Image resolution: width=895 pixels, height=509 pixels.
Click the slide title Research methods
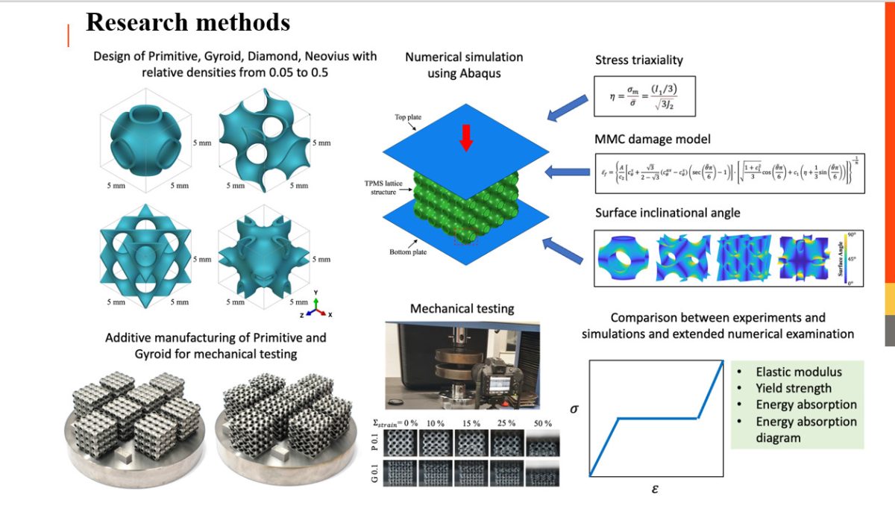[188, 22]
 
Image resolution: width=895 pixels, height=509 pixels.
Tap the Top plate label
[409, 117]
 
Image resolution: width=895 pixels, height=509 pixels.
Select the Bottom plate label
[408, 252]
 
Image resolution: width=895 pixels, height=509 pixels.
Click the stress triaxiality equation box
[645, 96]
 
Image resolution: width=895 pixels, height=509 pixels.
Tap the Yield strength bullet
[794, 388]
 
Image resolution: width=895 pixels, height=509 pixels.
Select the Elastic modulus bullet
[798, 372]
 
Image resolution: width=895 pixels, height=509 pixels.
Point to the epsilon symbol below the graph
[655, 489]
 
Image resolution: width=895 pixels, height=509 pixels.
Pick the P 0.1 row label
[376, 443]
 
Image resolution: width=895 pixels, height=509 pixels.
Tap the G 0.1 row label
[376, 474]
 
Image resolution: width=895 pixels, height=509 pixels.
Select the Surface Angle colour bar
[849, 257]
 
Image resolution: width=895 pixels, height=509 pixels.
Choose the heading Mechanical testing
[462, 308]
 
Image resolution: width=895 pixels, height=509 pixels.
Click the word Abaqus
[480, 73]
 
